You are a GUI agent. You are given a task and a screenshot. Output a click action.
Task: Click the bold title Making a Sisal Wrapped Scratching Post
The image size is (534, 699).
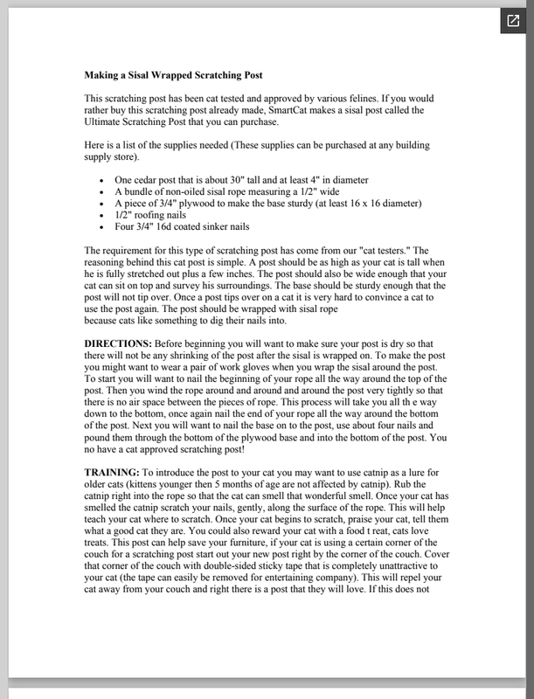pyautogui.click(x=173, y=75)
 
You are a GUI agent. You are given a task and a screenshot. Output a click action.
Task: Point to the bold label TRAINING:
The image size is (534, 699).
pyautogui.click(x=113, y=471)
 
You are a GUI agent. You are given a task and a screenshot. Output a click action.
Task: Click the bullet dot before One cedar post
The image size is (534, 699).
pyautogui.click(x=103, y=180)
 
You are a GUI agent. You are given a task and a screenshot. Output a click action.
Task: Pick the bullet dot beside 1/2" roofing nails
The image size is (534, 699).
pyautogui.click(x=103, y=215)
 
